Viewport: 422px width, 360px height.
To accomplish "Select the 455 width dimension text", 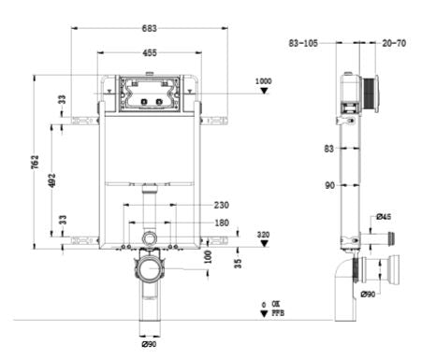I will coord(150,53).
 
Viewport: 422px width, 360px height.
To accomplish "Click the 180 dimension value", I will coord(221,223).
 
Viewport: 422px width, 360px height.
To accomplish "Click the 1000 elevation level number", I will coord(265,82).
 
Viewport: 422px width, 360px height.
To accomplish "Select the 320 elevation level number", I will coord(264,236).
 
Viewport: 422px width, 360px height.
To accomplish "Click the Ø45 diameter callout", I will coord(382,217).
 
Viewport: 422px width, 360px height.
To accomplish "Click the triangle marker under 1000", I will coord(265,94).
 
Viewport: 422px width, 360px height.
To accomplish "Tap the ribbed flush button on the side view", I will coord(372,94).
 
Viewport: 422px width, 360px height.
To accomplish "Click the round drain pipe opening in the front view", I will coord(150,273).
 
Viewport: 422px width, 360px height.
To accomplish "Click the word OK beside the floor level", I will coord(277,304).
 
